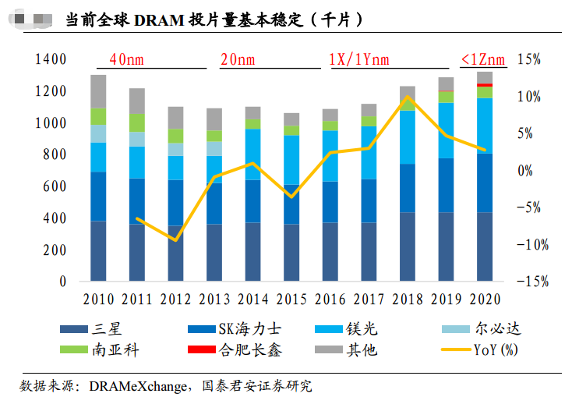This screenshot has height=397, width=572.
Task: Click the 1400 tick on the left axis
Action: click(52, 60)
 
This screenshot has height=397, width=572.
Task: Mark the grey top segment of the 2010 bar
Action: click(98, 91)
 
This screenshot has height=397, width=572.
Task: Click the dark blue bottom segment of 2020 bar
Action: click(485, 246)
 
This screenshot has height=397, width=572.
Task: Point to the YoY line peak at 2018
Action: click(408, 97)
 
